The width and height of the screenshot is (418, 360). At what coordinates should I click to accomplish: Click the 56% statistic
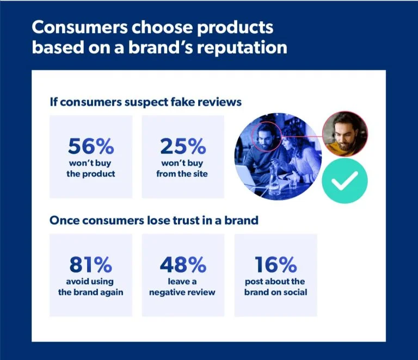pyautogui.click(x=90, y=146)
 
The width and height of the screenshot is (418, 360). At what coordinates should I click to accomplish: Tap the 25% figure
pyautogui.click(x=183, y=146)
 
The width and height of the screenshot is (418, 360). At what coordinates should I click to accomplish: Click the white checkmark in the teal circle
pyautogui.click(x=345, y=181)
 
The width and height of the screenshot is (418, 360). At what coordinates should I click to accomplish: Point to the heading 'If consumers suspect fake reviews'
pyautogui.click(x=145, y=102)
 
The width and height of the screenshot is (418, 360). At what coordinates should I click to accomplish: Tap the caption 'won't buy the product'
pyautogui.click(x=90, y=169)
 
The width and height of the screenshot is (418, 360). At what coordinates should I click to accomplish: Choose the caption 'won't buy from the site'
pyautogui.click(x=183, y=169)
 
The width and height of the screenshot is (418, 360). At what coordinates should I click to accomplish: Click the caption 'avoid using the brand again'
pyautogui.click(x=90, y=287)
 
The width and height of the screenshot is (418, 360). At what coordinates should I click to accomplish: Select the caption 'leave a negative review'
pyautogui.click(x=183, y=287)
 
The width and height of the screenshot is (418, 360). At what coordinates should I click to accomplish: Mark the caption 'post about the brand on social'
pyautogui.click(x=275, y=287)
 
